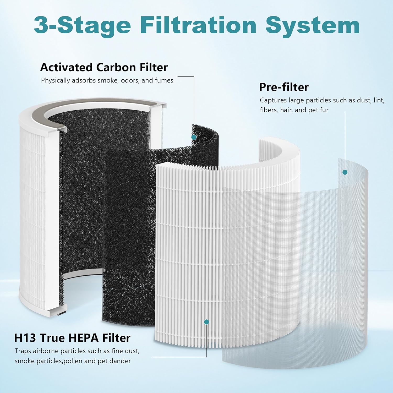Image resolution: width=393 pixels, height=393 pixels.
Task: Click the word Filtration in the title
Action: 198,25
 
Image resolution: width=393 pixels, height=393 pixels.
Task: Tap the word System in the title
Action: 312,25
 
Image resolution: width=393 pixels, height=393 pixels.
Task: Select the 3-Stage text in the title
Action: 82,25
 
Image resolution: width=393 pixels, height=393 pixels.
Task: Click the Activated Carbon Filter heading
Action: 104,67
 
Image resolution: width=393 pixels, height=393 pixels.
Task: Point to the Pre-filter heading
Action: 284,87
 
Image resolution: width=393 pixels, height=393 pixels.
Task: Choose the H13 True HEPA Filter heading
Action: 72,338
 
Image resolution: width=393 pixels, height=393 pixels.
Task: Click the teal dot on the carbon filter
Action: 194,137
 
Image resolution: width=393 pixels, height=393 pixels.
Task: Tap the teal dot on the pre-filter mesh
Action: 345,172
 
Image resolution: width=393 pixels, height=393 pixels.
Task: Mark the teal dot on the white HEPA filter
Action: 206,322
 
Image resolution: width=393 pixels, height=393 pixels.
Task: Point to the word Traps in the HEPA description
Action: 23,351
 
